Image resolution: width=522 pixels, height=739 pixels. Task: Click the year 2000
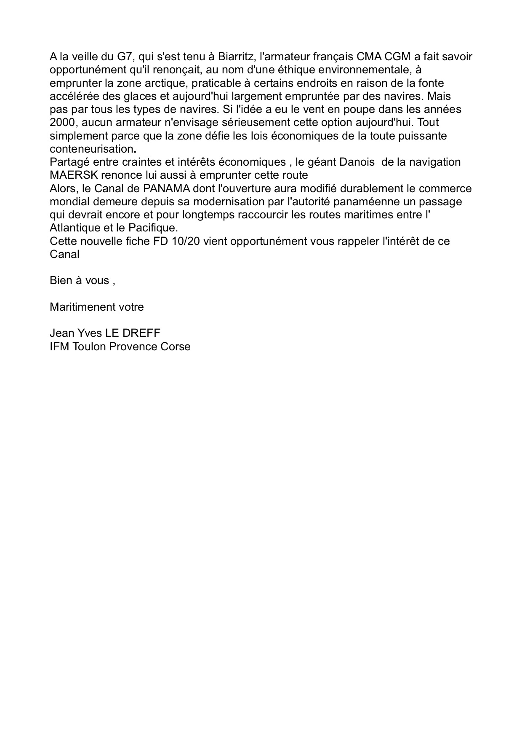(62, 123)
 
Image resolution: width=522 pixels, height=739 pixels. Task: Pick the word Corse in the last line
(175, 347)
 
